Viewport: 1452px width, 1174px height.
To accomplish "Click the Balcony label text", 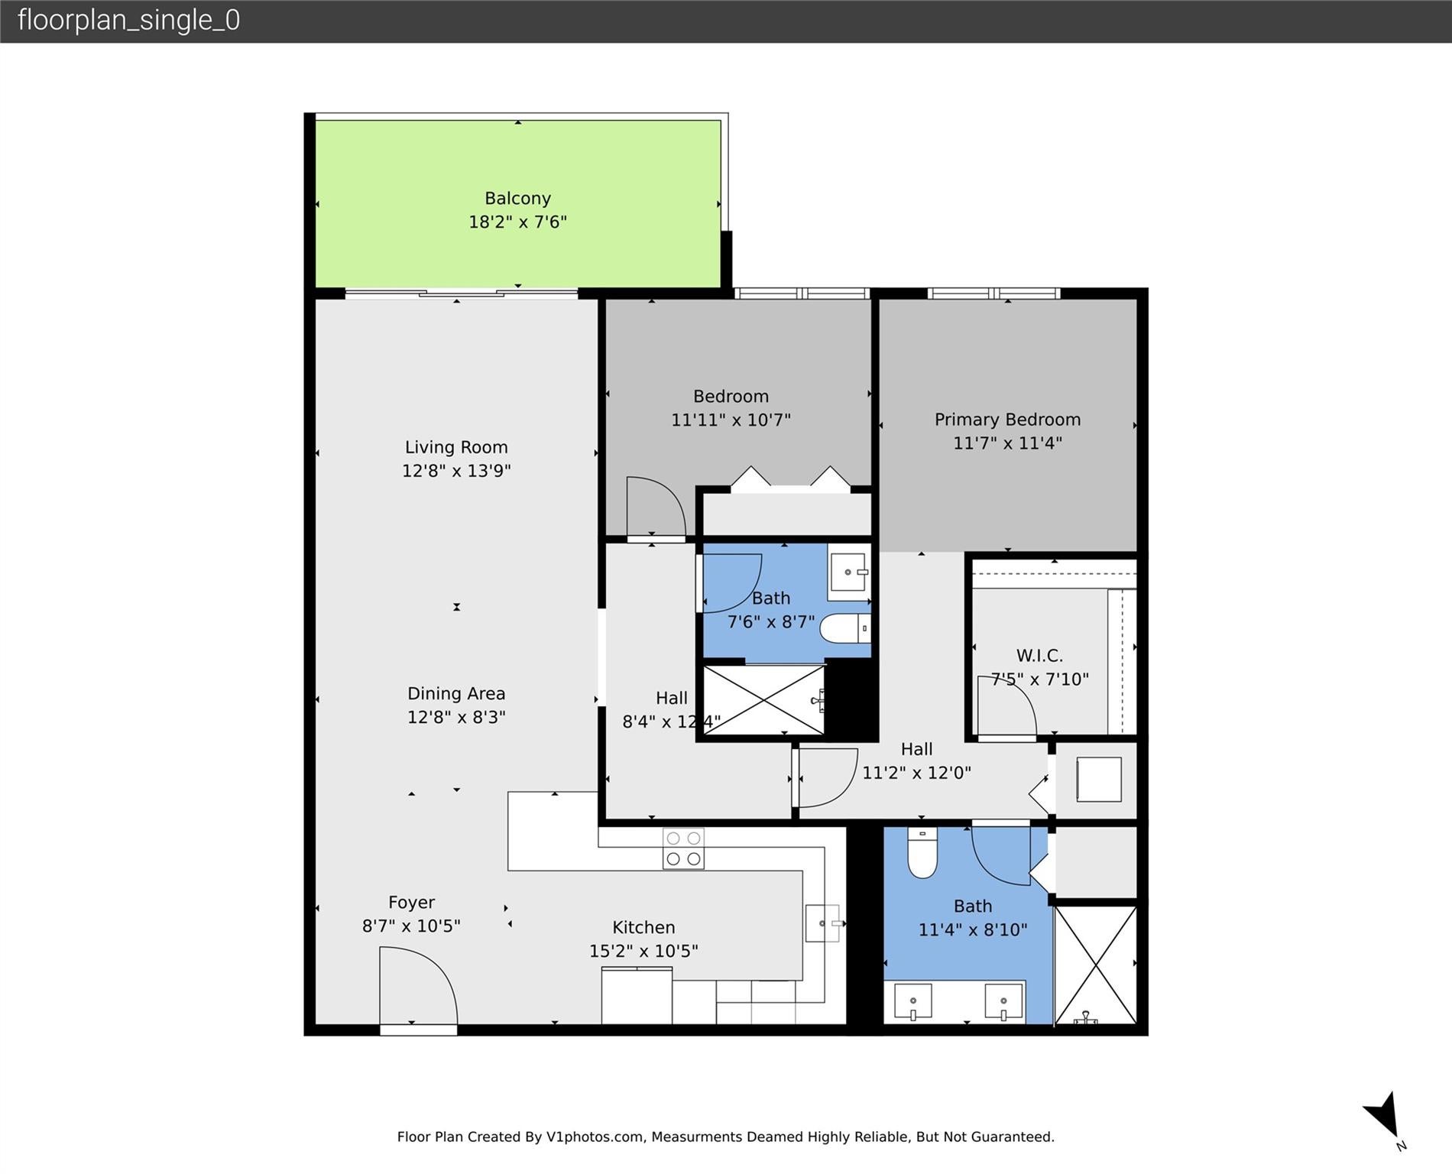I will coord(517,199).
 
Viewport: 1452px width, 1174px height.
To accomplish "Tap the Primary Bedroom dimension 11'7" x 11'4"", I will coord(1007,443).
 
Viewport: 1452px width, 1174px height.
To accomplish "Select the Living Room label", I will coord(456,447).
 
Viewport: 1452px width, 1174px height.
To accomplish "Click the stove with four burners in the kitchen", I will coord(683,848).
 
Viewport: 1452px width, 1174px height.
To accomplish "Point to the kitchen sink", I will coord(822,923).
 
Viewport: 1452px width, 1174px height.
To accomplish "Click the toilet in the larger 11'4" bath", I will coord(922,855).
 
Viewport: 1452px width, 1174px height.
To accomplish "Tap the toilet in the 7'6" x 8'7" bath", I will coord(844,629).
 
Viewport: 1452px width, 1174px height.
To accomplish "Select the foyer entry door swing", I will coord(417,986).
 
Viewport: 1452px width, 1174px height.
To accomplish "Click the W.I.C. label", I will coord(1039,656).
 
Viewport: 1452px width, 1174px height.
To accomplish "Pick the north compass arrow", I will coord(1385,1117).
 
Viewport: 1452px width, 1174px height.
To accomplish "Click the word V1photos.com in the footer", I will coord(595,1137).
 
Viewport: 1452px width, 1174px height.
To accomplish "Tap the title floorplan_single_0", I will coord(128,20).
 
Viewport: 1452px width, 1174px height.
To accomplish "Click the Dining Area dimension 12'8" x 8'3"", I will coord(456,717).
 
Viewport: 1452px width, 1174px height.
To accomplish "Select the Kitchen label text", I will coord(643,927).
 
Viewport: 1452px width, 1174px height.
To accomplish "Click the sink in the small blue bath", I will coord(849,572).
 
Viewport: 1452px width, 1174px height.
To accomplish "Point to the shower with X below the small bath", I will coord(763,701).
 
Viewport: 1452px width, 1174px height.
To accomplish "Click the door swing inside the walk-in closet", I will coord(1006,707).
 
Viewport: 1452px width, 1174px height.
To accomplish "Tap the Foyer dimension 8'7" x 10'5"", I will coord(411,926).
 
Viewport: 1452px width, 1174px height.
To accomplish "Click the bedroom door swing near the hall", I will coord(655,507).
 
